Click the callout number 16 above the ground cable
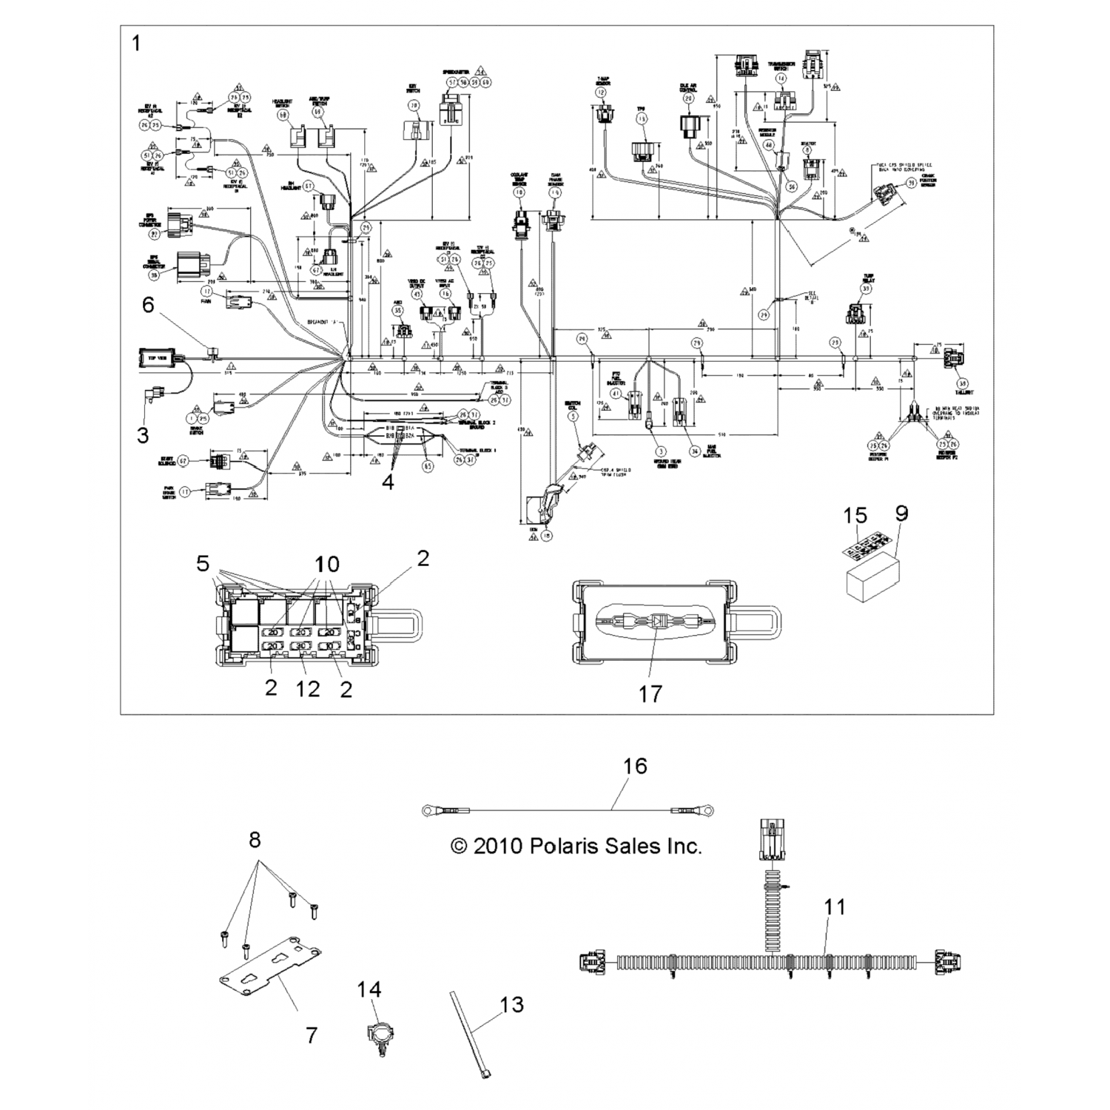tap(634, 766)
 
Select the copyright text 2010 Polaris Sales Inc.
tap(576, 846)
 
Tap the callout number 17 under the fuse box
tap(650, 693)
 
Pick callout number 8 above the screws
tap(255, 840)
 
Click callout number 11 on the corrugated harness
tap(834, 906)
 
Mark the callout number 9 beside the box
tap(901, 514)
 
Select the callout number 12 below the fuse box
tap(308, 689)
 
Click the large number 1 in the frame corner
tap(135, 44)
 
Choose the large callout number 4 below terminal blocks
tap(388, 482)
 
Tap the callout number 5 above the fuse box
tap(203, 565)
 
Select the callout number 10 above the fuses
tap(326, 565)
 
